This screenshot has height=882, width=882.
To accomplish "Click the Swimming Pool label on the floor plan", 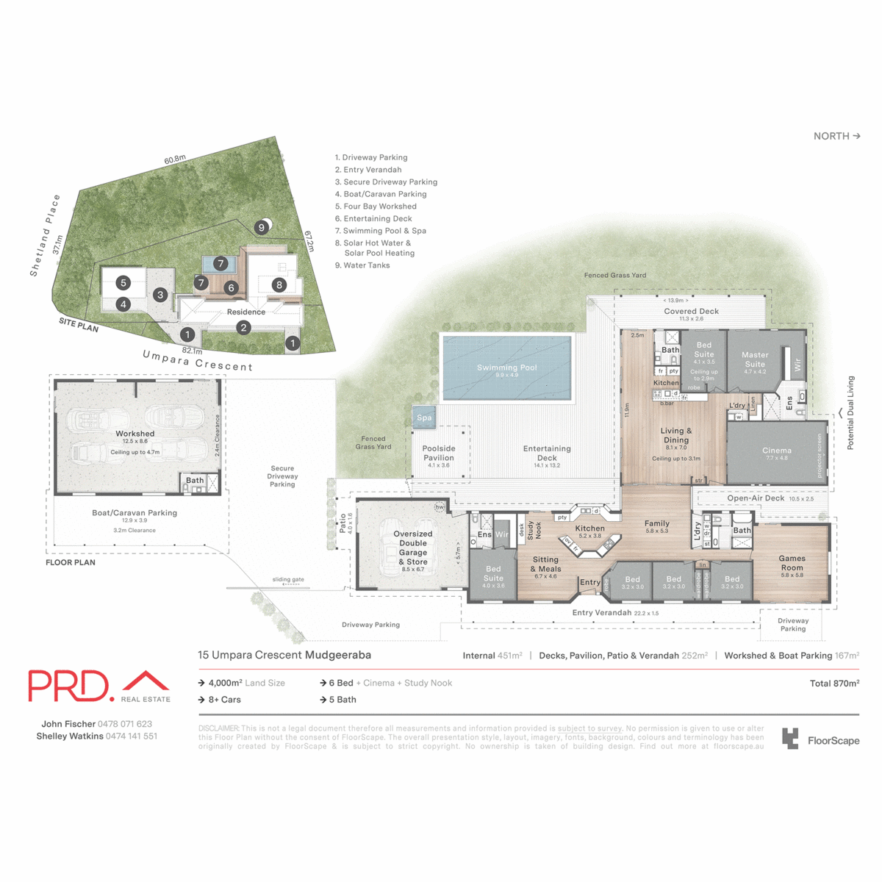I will click(x=506, y=367).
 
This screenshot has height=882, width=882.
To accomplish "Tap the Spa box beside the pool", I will click(x=424, y=417).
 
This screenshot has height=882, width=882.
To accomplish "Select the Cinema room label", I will click(x=776, y=451).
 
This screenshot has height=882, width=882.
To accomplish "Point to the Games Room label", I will click(x=792, y=562).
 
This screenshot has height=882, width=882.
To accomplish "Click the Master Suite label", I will click(x=755, y=359).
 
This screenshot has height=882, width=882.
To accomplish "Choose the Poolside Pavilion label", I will click(x=439, y=453).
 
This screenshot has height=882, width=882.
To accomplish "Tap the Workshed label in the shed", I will click(x=135, y=434).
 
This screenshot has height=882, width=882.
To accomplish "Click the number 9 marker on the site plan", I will click(x=261, y=228).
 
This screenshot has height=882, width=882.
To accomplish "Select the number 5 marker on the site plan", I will click(x=123, y=283).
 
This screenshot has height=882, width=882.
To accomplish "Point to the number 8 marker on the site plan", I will click(x=279, y=285).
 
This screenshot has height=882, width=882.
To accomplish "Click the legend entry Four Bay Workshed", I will click(x=376, y=207).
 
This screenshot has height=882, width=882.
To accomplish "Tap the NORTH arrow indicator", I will click(x=836, y=136).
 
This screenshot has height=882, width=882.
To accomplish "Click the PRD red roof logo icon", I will click(x=146, y=681).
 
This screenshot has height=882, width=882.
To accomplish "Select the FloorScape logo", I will click(x=820, y=739).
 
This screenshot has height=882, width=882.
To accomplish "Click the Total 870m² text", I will click(x=834, y=684).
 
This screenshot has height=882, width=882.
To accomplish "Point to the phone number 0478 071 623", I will click(x=125, y=724).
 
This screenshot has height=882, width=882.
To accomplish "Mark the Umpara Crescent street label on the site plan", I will click(x=197, y=361).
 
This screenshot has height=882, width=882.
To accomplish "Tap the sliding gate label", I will click(x=287, y=579).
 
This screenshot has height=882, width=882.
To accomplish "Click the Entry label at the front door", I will click(x=589, y=582).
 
